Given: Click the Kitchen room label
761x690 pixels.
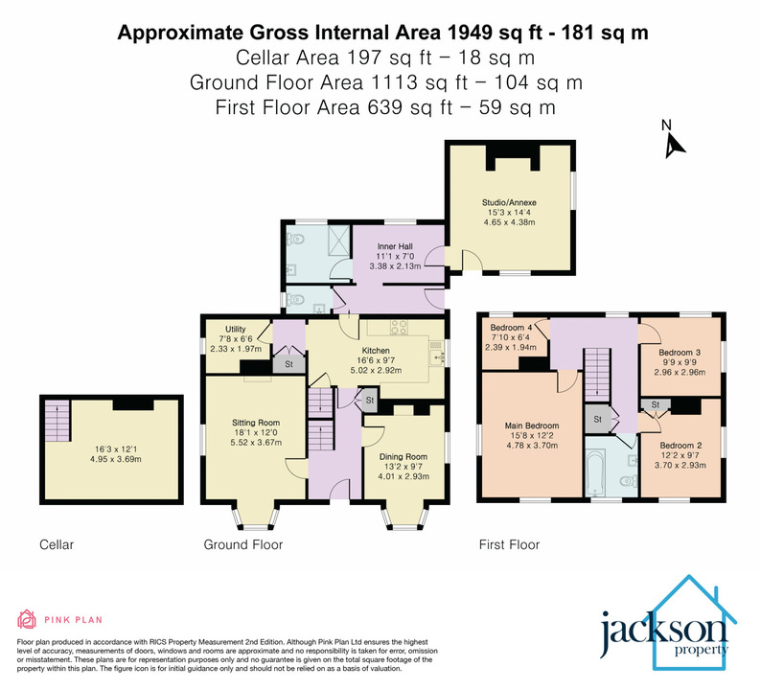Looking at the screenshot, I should (x=376, y=351).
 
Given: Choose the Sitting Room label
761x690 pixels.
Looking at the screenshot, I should (x=255, y=422).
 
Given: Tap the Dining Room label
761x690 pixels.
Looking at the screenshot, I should (x=404, y=457).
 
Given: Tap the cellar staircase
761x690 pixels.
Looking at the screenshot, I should (x=57, y=418).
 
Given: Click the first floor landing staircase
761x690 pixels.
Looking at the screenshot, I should (x=598, y=370).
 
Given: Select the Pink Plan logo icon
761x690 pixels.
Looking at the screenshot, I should (x=28, y=619).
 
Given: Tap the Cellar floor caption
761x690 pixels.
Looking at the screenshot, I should (x=57, y=544).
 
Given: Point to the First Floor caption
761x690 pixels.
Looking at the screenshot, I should (x=509, y=544).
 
